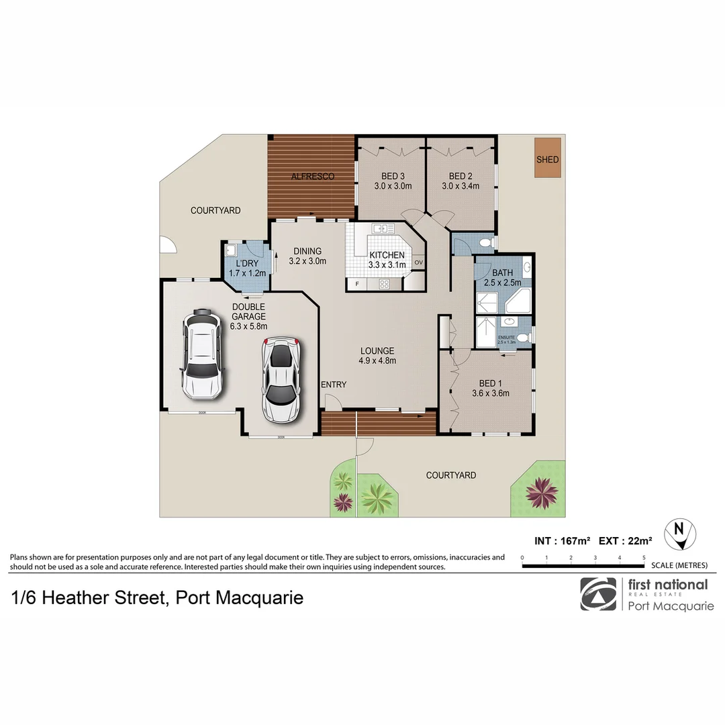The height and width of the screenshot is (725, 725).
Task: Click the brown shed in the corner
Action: (x=547, y=158)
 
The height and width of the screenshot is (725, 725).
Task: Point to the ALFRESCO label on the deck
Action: (x=313, y=177)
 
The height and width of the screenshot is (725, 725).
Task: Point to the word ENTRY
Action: (x=334, y=385)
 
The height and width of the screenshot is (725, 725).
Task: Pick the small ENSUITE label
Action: (x=506, y=338)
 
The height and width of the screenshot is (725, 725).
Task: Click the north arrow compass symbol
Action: (x=679, y=534)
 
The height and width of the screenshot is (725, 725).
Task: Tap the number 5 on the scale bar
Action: (x=644, y=558)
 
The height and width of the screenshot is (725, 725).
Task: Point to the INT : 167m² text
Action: (x=563, y=540)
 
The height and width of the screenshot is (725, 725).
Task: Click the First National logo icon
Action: (x=597, y=593)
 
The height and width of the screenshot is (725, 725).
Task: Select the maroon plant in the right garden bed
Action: (x=542, y=493)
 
